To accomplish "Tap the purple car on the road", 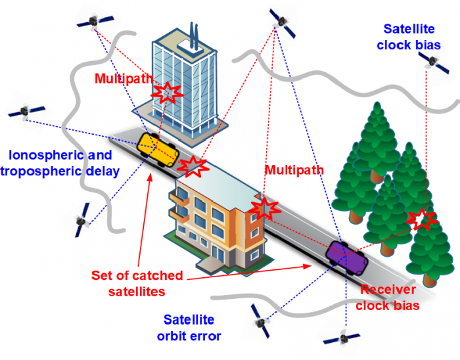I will click(x=346, y=256).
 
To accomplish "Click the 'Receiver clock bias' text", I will click(x=389, y=298).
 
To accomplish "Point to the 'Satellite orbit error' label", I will click(x=189, y=328).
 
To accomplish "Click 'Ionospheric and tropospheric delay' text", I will click(x=60, y=164).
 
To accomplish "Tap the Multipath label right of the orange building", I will click(x=294, y=170).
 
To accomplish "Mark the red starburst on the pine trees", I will click(x=421, y=219).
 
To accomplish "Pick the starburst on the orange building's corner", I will click(x=265, y=209).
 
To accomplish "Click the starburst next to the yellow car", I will click(x=193, y=166).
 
